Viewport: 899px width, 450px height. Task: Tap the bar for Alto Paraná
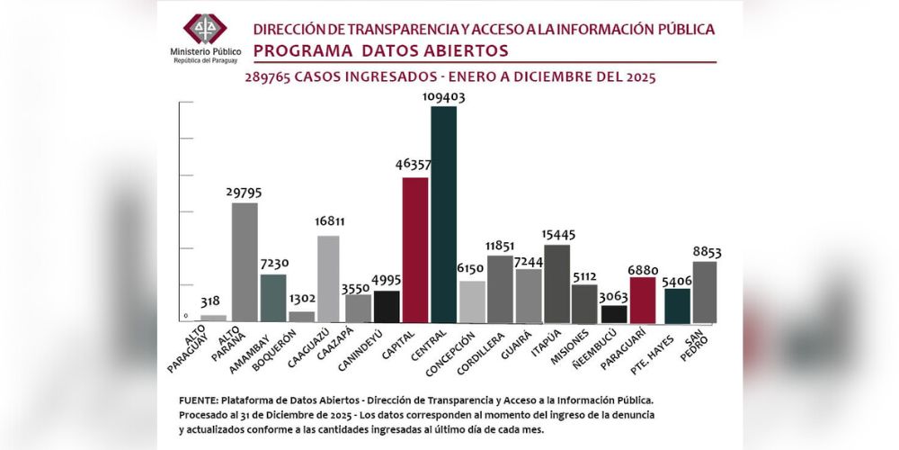[245, 262]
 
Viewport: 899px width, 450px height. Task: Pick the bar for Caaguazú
[329, 278]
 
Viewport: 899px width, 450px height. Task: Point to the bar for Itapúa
[556, 283]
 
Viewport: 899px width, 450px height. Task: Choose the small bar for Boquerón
[301, 316]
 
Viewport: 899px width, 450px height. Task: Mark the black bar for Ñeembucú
[613, 313]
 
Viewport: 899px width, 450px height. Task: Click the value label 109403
[442, 97]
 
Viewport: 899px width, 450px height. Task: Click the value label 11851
[500, 247]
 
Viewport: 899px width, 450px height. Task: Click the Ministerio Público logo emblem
[206, 28]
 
